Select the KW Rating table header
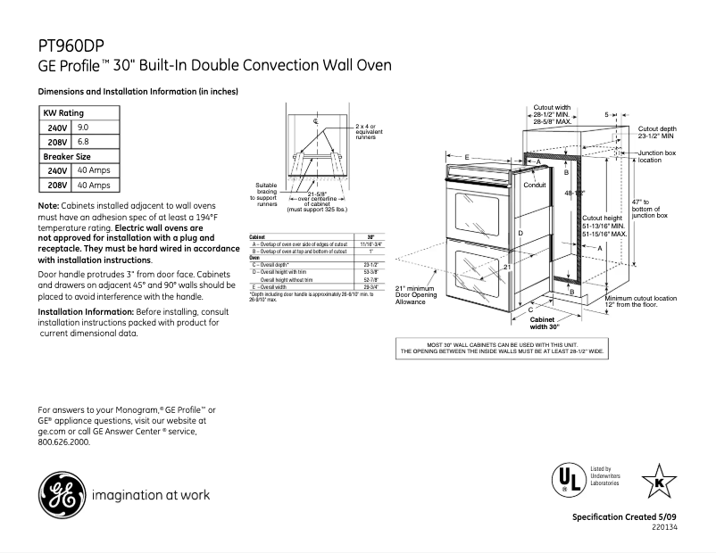click(63, 114)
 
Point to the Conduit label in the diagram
click(534, 185)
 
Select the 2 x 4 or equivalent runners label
click(366, 132)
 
